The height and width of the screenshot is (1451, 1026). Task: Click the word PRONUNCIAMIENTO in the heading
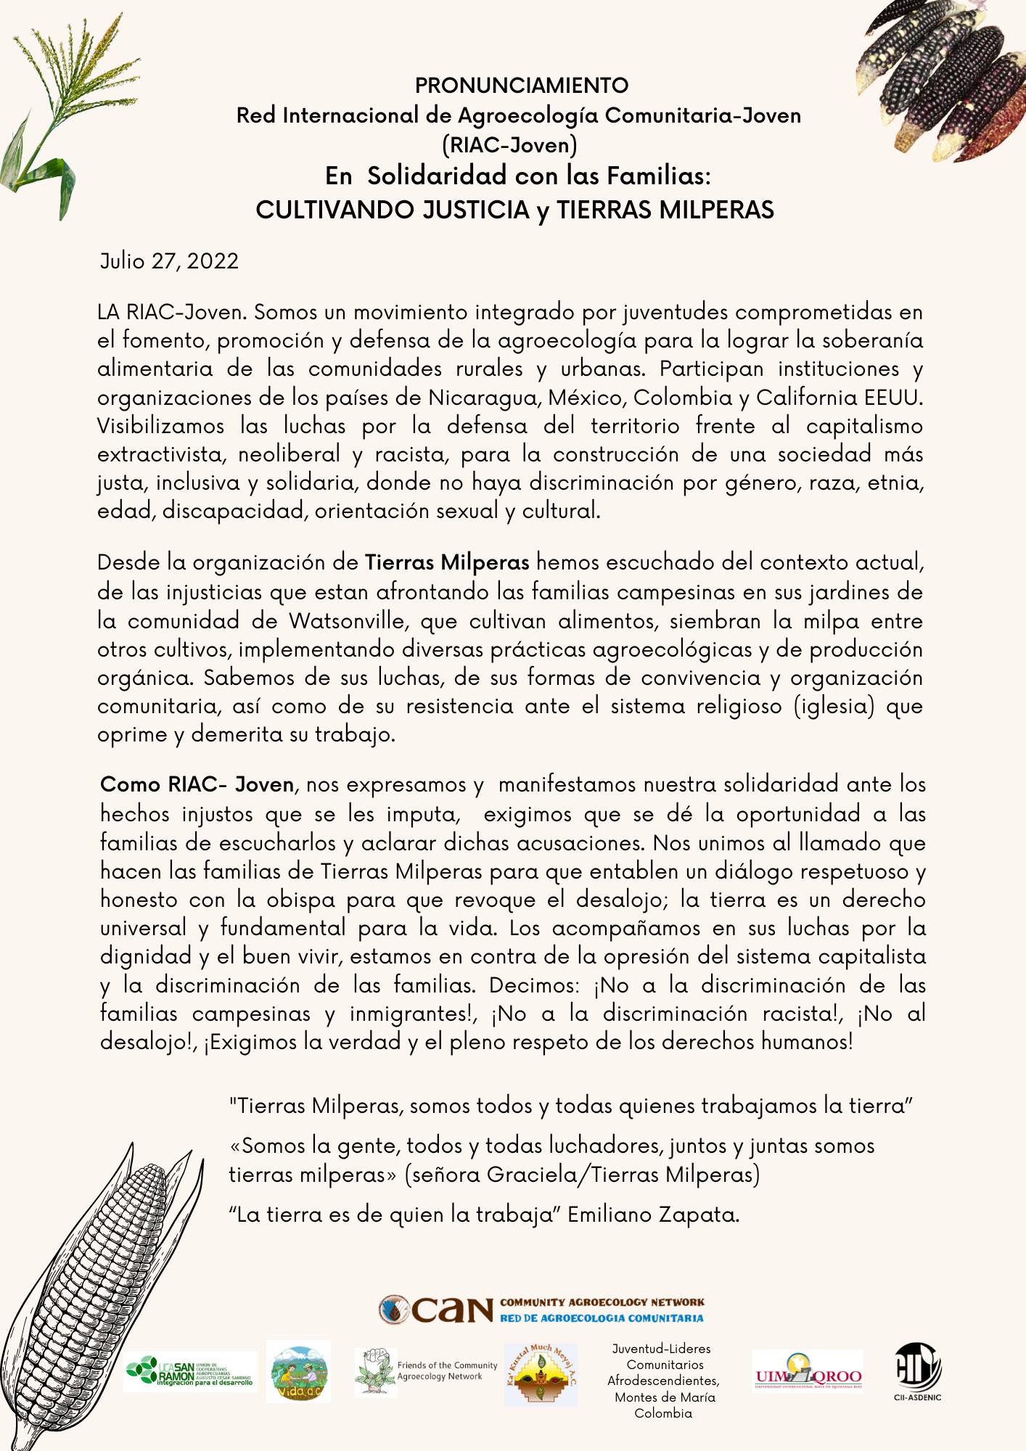coord(521,86)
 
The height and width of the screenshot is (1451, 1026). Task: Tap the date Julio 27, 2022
coord(169,261)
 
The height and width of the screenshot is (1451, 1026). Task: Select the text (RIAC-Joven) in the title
coord(509,146)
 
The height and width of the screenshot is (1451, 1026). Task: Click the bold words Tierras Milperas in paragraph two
coord(446,563)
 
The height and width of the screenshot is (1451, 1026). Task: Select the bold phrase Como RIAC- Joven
coord(197,785)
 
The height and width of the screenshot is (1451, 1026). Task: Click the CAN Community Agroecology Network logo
coord(541,1310)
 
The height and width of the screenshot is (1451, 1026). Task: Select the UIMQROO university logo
coord(808,1371)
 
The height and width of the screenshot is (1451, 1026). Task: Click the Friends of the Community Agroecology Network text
coord(446,1370)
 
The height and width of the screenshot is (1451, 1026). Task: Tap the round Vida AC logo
coord(298,1371)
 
